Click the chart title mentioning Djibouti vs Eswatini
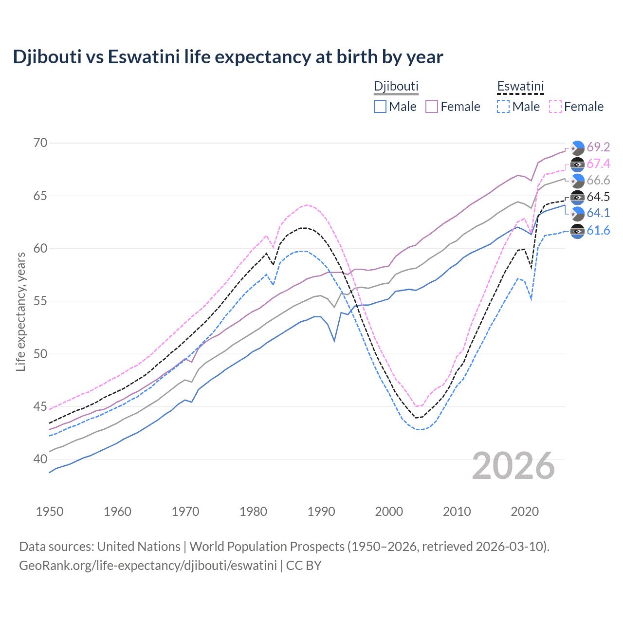click(228, 57)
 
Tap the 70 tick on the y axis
click(40, 143)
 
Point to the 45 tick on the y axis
click(40, 406)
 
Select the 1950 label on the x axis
click(50, 512)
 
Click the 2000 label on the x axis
click(389, 512)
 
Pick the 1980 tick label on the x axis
click(253, 512)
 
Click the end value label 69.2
click(598, 147)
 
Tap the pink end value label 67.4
click(598, 164)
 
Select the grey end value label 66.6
click(598, 180)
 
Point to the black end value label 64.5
click(598, 197)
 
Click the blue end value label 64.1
click(598, 213)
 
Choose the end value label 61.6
click(598, 230)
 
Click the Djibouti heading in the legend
click(396, 86)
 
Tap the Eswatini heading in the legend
click(520, 86)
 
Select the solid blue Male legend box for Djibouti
click(380, 107)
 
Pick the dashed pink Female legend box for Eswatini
click(555, 107)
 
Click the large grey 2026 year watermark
click(513, 466)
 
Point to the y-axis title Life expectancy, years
click(20, 311)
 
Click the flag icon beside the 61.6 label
click(577, 231)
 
